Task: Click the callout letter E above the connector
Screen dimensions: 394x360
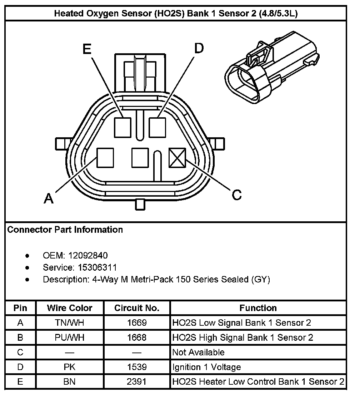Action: [87, 49]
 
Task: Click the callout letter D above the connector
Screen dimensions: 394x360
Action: [199, 48]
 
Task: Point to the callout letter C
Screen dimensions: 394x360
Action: [236, 195]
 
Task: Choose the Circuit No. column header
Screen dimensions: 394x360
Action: [137, 308]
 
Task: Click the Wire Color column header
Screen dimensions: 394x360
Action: [70, 308]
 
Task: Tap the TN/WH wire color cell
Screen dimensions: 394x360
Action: [70, 323]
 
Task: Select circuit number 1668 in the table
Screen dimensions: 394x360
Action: [137, 338]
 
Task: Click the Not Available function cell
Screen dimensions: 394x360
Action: [199, 353]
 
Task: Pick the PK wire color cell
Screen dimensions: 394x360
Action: [70, 367]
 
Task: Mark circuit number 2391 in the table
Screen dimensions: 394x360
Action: [137, 381]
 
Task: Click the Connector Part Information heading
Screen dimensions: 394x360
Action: [65, 230]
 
